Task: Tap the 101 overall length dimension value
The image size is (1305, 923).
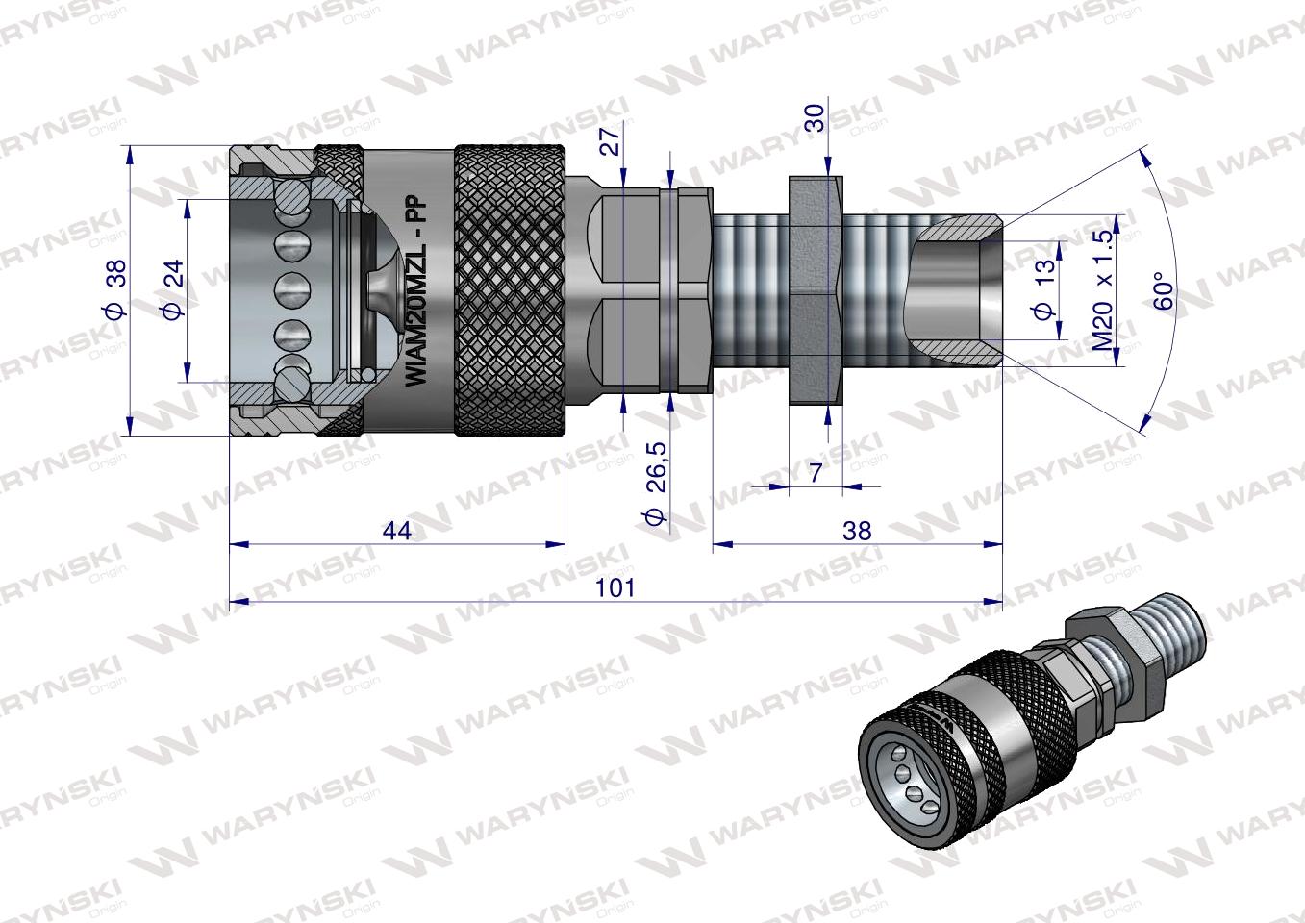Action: pos(615,587)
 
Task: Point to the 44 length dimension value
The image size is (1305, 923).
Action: pos(396,530)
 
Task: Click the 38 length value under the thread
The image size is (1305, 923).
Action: pos(856,530)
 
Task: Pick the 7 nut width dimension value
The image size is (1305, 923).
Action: pos(816,473)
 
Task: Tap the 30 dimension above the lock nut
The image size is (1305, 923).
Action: pos(815,118)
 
